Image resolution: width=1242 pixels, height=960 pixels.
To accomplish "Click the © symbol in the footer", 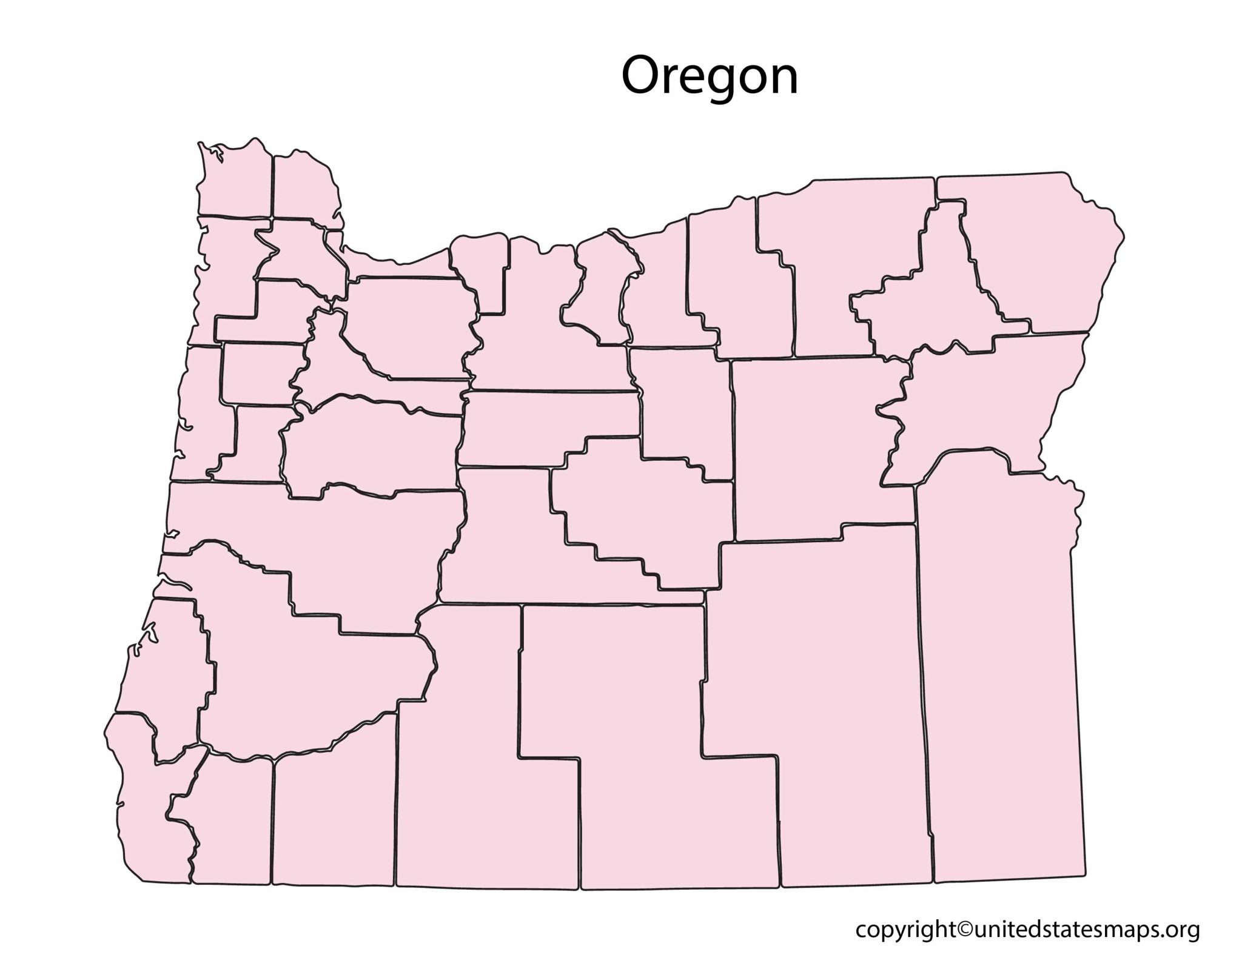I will [959, 930].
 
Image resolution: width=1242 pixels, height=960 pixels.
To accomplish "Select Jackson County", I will [334, 819].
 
